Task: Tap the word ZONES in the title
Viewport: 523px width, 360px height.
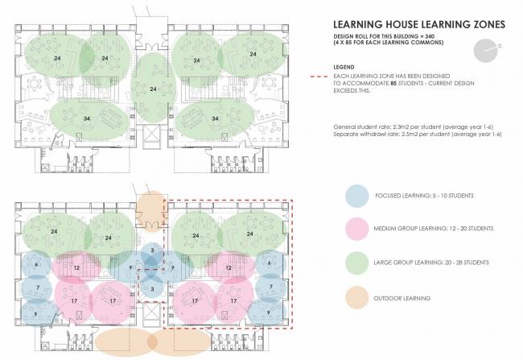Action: [x=489, y=24]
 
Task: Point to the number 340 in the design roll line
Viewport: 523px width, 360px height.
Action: [x=430, y=36]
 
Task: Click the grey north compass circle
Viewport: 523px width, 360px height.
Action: [x=484, y=51]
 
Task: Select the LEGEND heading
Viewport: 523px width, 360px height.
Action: [x=344, y=67]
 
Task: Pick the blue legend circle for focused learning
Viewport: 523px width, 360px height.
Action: [x=357, y=197]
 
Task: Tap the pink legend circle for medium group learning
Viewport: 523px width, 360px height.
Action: [x=357, y=229]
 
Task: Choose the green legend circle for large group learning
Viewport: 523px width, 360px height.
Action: [x=357, y=263]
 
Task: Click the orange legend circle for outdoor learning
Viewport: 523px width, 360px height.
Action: [x=357, y=298]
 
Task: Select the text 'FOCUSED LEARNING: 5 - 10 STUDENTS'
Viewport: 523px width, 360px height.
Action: [x=424, y=196]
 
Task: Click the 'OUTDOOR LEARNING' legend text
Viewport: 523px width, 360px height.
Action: [x=402, y=298]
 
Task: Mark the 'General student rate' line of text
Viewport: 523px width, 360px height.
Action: [x=414, y=127]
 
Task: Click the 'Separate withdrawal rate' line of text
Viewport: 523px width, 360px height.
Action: [x=418, y=134]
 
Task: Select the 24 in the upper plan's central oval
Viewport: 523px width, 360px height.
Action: [x=153, y=89]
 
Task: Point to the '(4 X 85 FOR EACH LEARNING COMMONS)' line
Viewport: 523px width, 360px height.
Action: [x=389, y=43]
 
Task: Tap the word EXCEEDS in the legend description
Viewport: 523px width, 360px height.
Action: [x=344, y=90]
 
